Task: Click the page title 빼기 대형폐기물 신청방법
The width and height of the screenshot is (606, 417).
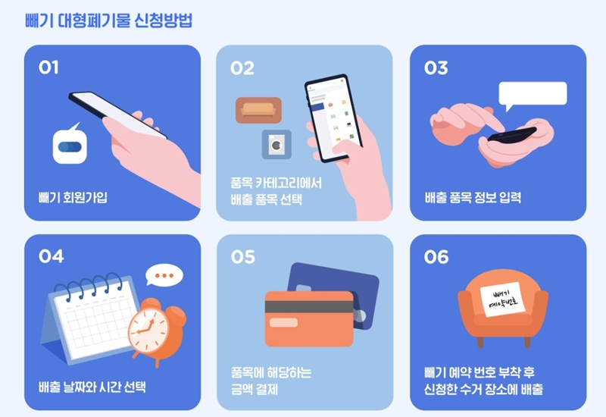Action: click(108, 20)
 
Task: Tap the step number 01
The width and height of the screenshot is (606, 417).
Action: click(48, 67)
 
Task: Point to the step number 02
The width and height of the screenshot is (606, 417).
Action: click(242, 67)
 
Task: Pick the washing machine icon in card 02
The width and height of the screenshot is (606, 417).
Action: click(276, 144)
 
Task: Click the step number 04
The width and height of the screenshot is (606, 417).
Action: click(51, 256)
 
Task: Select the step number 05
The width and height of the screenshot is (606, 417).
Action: click(243, 257)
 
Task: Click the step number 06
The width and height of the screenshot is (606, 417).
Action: click(436, 257)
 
